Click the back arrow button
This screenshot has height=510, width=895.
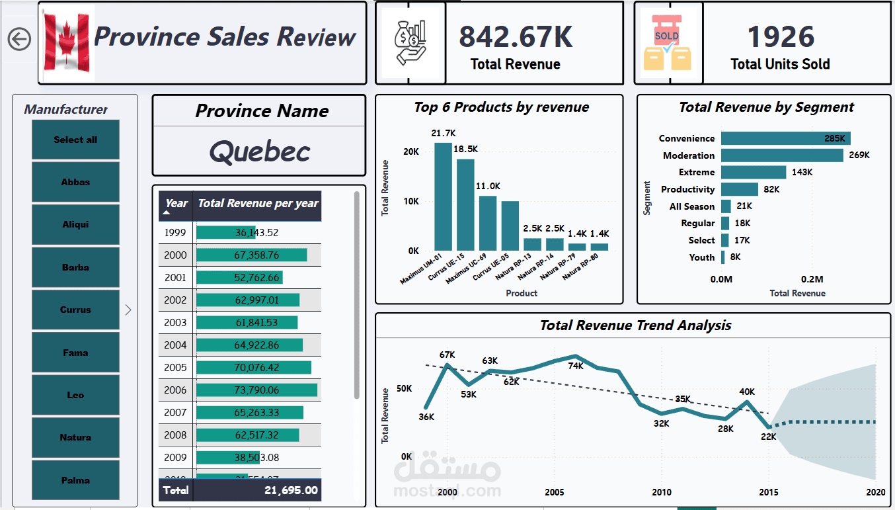(x=19, y=39)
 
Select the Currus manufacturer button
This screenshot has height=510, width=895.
(x=75, y=310)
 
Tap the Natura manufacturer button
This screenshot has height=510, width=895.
(x=75, y=437)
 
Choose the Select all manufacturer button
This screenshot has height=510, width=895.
(x=75, y=140)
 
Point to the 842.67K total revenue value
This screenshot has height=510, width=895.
(x=516, y=37)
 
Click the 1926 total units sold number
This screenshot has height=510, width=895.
(x=781, y=37)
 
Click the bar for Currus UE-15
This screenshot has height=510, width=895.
(x=465, y=204)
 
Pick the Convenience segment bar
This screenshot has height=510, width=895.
(x=785, y=138)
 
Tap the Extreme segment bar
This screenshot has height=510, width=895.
(x=754, y=172)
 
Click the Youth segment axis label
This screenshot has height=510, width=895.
(x=701, y=257)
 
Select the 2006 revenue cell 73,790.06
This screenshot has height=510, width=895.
(x=256, y=390)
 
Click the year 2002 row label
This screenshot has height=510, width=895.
(x=176, y=300)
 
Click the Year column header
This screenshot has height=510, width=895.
(x=176, y=203)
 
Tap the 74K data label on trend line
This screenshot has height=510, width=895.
(x=576, y=366)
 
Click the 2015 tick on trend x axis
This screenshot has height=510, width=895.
(x=769, y=492)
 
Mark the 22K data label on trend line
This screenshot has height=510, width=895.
(x=768, y=437)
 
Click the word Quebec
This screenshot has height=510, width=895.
(x=260, y=152)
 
